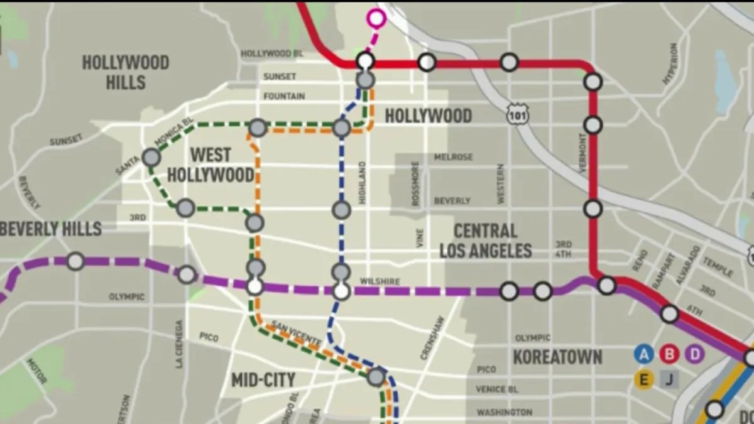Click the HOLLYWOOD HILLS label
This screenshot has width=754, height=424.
pyautogui.click(x=126, y=72)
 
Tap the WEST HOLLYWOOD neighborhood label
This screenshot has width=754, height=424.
pyautogui.click(x=210, y=165)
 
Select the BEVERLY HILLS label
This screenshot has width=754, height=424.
pyautogui.click(x=50, y=229)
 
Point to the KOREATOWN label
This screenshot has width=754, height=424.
pyautogui.click(x=557, y=357)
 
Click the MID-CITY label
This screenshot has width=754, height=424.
pyautogui.click(x=263, y=380)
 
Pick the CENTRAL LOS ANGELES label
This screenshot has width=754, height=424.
pyautogui.click(x=485, y=241)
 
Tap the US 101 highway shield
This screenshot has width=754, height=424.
pyautogui.click(x=519, y=114)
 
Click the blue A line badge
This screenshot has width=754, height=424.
pyautogui.click(x=643, y=354)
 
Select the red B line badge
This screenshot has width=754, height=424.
pyautogui.click(x=669, y=354)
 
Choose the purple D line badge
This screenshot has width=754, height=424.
pyautogui.click(x=694, y=354)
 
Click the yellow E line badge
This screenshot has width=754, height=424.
pyautogui.click(x=643, y=379)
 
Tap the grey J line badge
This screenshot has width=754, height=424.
pyautogui.click(x=669, y=379)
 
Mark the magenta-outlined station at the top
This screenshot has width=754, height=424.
pyautogui.click(x=376, y=19)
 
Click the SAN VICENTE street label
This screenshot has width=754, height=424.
pyautogui.click(x=296, y=333)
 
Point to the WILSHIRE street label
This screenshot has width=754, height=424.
pyautogui.click(x=380, y=282)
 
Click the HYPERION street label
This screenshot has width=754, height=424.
pyautogui.click(x=670, y=63)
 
